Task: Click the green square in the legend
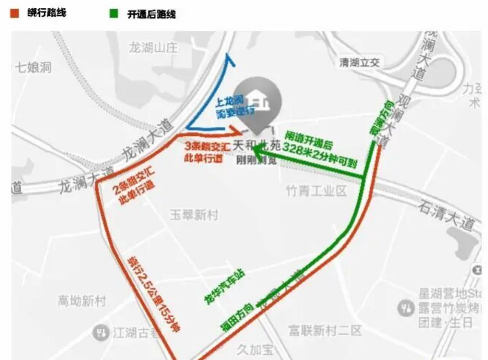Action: pos(114,14)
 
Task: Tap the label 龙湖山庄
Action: pos(153,48)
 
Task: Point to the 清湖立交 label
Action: pos(360,63)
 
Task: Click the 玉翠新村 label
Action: pos(194,215)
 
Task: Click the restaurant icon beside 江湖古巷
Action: pos(98,332)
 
